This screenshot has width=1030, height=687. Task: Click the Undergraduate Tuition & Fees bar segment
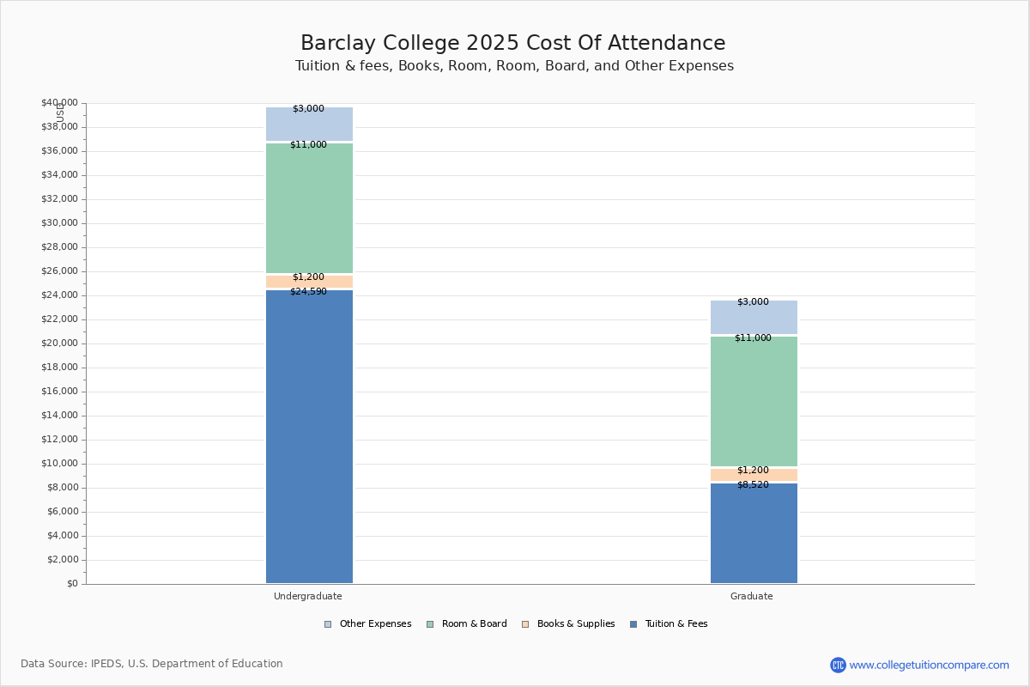pos(310,436)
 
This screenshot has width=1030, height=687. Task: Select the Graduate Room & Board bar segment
pos(754,401)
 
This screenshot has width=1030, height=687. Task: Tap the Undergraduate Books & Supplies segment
pos(310,282)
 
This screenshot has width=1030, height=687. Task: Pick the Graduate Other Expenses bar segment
pos(754,317)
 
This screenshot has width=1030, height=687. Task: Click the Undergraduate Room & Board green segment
pos(310,208)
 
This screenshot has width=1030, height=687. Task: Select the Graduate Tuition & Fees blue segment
pos(754,532)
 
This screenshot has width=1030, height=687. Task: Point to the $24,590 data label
pos(308,291)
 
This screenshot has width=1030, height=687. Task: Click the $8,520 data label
pos(754,484)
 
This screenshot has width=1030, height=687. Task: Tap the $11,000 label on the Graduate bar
pos(754,337)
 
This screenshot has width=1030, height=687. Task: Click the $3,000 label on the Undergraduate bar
pos(308,108)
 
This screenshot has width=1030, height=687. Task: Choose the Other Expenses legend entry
pos(368,624)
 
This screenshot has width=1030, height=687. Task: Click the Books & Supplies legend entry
pos(568,624)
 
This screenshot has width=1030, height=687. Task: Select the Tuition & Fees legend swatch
pos(633,624)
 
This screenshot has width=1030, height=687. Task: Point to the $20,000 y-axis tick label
pos(59,343)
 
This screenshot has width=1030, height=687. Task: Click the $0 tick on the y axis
pos(73,583)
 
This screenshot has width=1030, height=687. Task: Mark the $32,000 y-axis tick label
pos(59,198)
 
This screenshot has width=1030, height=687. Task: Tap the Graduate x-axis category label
pos(751,596)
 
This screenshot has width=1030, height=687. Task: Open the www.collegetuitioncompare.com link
pos(929,665)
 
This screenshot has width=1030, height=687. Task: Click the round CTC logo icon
pos(838,665)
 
